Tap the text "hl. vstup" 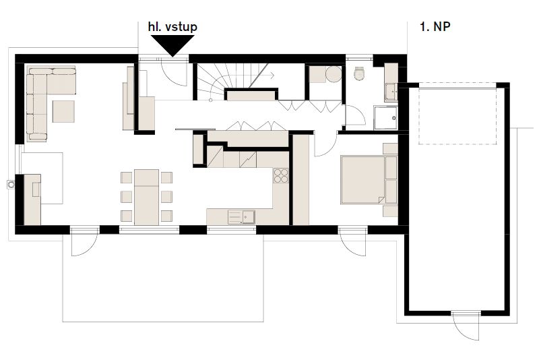point(172,27)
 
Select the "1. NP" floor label point(435,26)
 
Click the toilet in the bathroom point(359,73)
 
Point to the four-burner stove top point(281,176)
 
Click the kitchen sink point(241,217)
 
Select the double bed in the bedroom point(363,180)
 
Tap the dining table point(146,197)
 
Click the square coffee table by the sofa point(63,111)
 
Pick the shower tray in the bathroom point(385,117)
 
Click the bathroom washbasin point(391,92)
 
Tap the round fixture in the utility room point(334,75)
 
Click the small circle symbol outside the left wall point(11,185)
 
